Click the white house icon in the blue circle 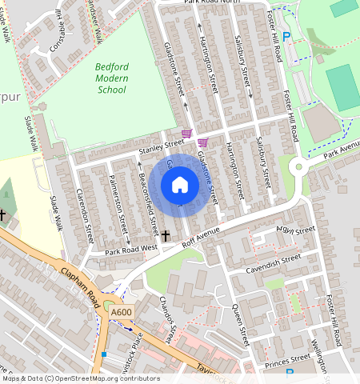pos(180,185)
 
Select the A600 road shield pos(122,312)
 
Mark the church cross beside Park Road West pos(166,236)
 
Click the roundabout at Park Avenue pos(299,168)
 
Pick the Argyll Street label pos(295,230)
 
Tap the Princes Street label pos(288,358)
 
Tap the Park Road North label pos(211,3)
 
